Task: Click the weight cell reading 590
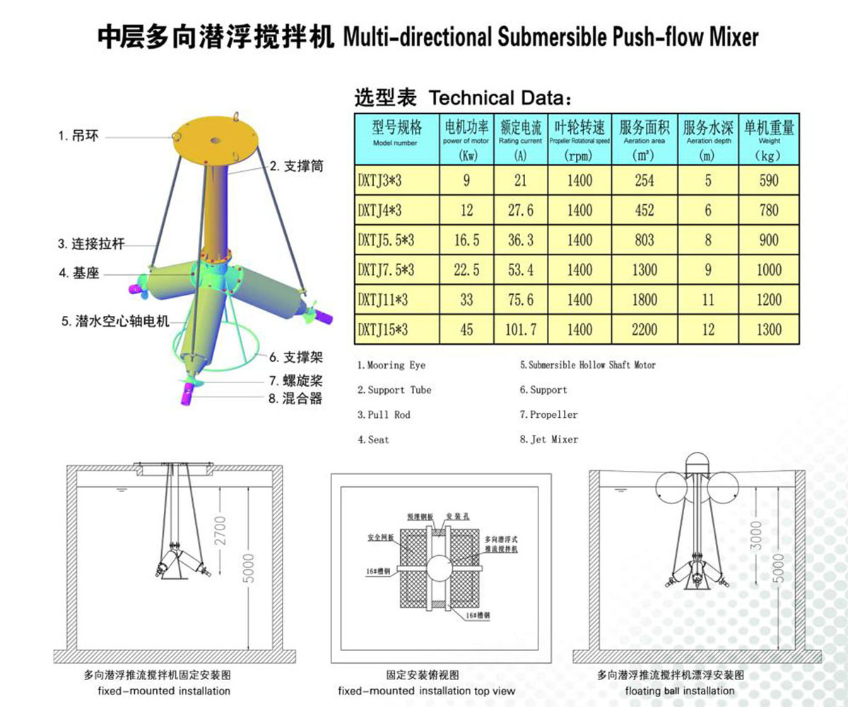click(768, 181)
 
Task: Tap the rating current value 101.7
click(521, 330)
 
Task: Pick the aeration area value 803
click(644, 240)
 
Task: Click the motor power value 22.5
click(466, 270)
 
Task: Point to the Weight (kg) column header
click(768, 139)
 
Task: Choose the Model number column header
click(396, 139)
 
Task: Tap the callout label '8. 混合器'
click(295, 399)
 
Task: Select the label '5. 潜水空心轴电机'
click(114, 322)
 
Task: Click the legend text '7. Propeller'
click(549, 415)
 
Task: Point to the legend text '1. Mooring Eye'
click(391, 366)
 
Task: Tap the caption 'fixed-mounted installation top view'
click(426, 691)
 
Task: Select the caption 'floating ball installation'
click(680, 691)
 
